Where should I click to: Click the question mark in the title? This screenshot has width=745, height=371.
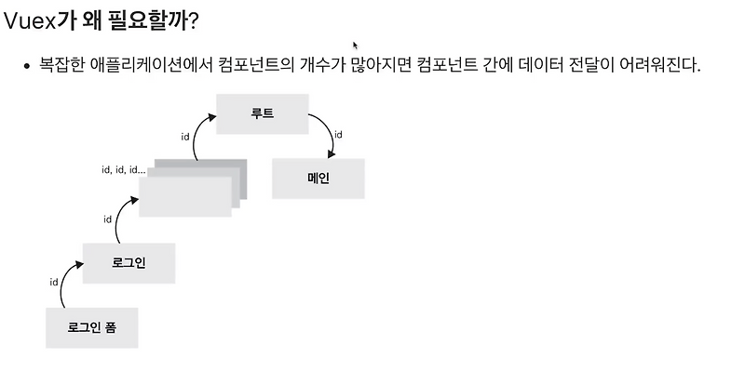(193, 19)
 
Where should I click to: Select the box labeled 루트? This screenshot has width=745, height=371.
(262, 114)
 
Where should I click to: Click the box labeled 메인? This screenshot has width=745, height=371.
(318, 179)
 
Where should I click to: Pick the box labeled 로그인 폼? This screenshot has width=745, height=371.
(91, 327)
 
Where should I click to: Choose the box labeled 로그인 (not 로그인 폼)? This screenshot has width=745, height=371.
(128, 263)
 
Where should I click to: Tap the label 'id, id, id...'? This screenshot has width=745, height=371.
(123, 170)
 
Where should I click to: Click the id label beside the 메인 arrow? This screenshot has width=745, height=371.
(338, 135)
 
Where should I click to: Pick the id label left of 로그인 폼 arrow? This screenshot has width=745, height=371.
(54, 280)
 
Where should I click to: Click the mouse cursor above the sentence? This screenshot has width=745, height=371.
(355, 44)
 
